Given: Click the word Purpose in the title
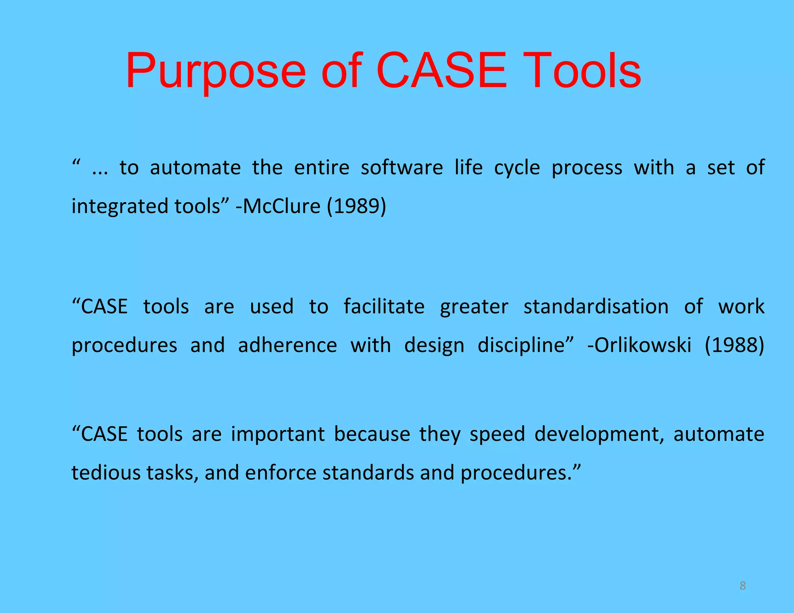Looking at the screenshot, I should [x=216, y=72].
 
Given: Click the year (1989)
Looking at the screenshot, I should [x=356, y=206].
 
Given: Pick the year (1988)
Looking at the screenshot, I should [x=734, y=345].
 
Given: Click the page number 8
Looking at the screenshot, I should [x=742, y=585].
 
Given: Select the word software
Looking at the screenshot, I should [x=402, y=168].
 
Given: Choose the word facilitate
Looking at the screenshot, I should [x=384, y=306].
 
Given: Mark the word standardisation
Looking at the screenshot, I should [x=596, y=306].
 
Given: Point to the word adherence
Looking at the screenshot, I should [x=287, y=345].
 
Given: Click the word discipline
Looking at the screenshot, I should [x=521, y=346].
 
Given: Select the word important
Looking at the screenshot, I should [x=278, y=434].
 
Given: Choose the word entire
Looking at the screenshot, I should [x=321, y=168].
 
